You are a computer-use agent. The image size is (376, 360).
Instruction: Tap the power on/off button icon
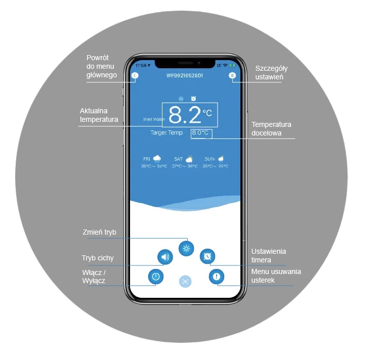click(156, 277)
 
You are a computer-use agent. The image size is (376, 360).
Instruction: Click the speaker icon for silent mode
click(164, 257)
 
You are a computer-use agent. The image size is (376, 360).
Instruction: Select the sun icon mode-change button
click(186, 248)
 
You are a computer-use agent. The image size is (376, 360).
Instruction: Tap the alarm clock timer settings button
click(207, 257)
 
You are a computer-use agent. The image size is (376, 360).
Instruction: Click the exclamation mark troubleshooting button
click(217, 277)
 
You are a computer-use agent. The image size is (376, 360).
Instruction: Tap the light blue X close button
click(186, 281)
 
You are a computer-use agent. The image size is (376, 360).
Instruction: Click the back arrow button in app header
click(135, 75)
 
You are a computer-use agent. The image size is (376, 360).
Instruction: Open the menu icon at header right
click(232, 75)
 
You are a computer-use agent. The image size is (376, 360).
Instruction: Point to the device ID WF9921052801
click(185, 75)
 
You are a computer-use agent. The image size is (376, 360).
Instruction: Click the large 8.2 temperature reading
click(184, 115)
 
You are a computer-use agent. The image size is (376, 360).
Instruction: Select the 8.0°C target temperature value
click(200, 133)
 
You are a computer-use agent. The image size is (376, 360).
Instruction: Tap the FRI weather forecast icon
click(157, 159)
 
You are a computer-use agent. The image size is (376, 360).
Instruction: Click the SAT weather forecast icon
click(189, 159)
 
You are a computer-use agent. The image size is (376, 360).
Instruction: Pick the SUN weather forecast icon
click(221, 159)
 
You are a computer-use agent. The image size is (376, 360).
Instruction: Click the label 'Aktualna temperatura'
click(99, 115)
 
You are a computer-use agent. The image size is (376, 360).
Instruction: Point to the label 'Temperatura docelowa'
click(271, 129)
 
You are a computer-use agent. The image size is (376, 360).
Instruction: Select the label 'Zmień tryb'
click(99, 233)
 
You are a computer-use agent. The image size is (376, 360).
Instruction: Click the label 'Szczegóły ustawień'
click(271, 72)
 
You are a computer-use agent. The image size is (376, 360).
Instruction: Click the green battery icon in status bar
click(232, 66)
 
